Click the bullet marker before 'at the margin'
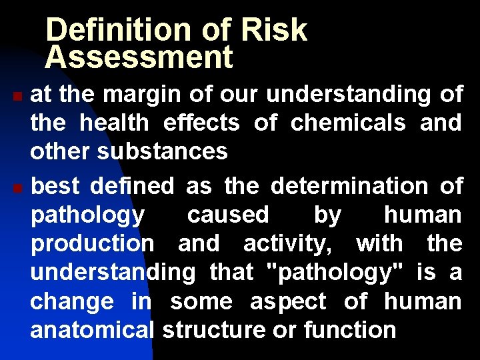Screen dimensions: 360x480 (18, 97)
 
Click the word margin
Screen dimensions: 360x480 (142, 95)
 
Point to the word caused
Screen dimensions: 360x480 (228, 215)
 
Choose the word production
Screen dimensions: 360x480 (93, 244)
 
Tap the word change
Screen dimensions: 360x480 (72, 301)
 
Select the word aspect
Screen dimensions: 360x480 (288, 301)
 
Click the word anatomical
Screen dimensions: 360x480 (93, 329)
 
